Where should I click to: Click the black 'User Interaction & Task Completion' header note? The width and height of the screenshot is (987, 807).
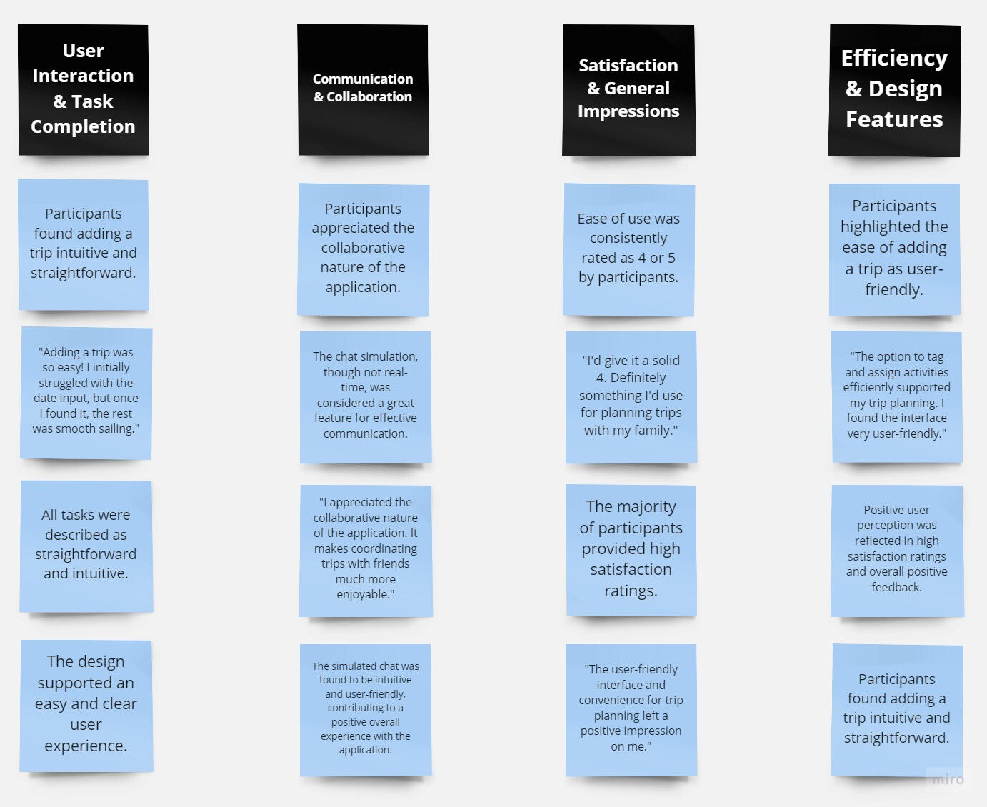click(x=84, y=89)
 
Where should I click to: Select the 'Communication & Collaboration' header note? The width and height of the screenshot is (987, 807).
click(x=364, y=89)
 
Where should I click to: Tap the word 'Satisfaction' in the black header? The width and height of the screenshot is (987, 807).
click(x=628, y=66)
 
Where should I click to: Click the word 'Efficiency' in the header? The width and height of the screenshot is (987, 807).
click(x=894, y=59)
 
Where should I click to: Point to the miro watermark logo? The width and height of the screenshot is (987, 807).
click(x=948, y=779)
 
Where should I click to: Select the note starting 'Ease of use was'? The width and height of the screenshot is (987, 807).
click(x=628, y=249)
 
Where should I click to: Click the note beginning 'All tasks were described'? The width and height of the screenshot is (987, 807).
click(x=86, y=546)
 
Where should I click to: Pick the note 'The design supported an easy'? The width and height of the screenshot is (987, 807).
click(x=86, y=706)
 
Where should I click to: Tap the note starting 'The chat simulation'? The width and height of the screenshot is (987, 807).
click(x=366, y=397)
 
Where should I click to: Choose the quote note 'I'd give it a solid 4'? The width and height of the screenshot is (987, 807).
click(x=631, y=397)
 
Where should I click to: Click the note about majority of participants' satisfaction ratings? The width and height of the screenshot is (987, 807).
click(x=631, y=550)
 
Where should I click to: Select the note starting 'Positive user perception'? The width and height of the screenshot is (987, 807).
click(x=897, y=551)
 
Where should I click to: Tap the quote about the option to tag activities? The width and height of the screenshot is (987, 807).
click(x=897, y=396)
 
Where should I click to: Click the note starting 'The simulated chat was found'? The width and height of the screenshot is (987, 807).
click(x=366, y=710)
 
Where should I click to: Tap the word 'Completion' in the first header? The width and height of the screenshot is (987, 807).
click(x=83, y=127)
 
